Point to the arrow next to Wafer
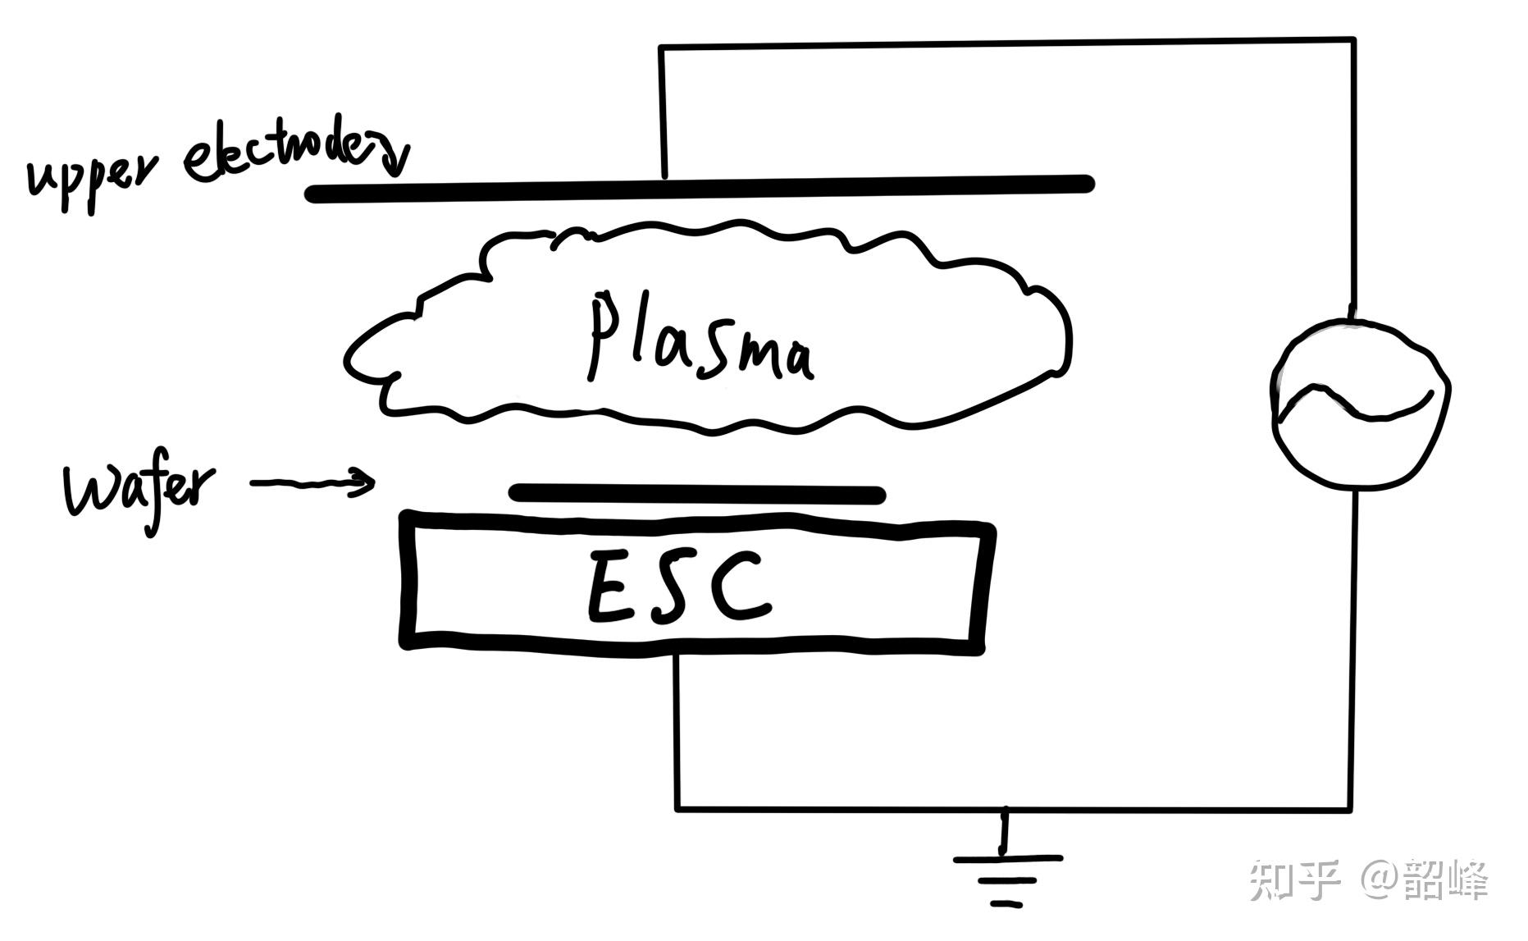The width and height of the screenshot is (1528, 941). (x=312, y=483)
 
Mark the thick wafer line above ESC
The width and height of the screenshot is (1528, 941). (x=697, y=494)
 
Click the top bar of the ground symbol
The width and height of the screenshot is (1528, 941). (x=1007, y=859)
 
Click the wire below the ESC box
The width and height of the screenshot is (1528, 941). (x=677, y=730)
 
